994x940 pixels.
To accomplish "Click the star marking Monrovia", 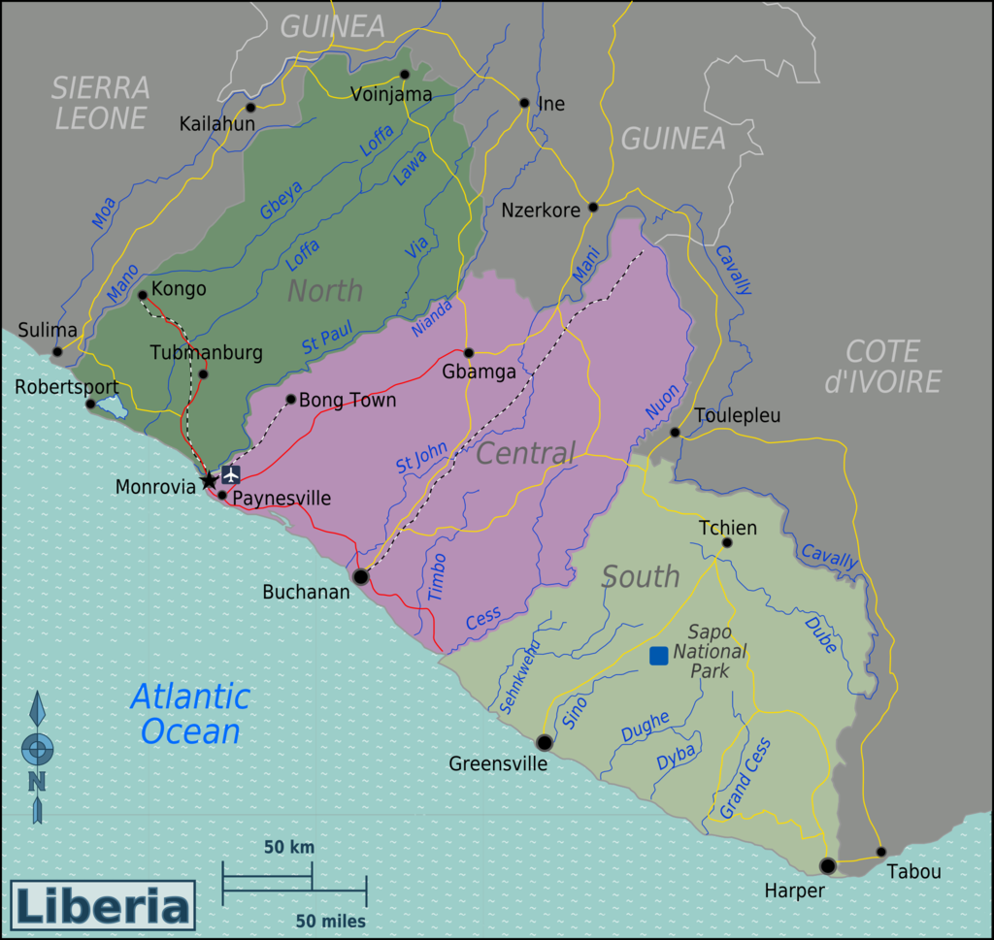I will point(209,479).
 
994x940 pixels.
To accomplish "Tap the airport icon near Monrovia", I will point(231,474).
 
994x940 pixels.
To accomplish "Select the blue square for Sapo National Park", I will point(659,656).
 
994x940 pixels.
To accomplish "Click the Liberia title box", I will point(103,906).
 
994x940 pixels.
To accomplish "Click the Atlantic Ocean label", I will point(190,713).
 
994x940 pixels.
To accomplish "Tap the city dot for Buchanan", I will point(361,576).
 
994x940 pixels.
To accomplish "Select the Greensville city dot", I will point(545,742).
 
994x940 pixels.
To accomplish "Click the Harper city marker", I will point(827,865).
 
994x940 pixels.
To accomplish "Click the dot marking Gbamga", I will point(468,353).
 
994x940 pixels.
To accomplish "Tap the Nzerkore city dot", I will point(593,207).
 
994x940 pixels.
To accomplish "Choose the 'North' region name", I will point(325,290).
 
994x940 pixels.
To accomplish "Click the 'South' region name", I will point(641,576).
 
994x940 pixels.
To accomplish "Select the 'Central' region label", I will point(525,453).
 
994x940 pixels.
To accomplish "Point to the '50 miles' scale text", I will point(331,921).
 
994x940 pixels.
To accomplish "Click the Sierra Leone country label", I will point(101,103).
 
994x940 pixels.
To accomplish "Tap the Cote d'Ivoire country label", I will point(881,366).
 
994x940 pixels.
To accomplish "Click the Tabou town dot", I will point(881,852).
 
